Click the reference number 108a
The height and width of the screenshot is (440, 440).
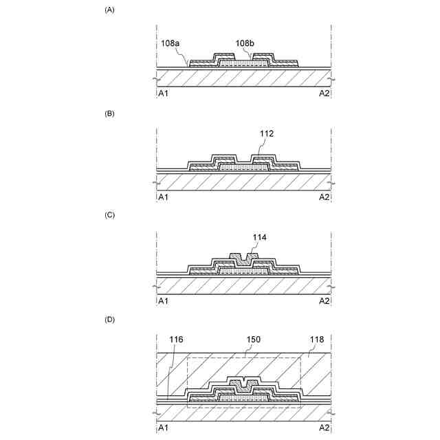click(x=170, y=43)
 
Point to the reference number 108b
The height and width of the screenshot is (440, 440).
click(x=245, y=43)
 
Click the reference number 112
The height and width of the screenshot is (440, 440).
click(x=267, y=135)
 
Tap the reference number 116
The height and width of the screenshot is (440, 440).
click(x=176, y=340)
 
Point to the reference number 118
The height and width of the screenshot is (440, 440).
click(x=318, y=340)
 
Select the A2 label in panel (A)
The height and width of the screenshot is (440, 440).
click(x=324, y=93)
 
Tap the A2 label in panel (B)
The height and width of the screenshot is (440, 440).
click(x=324, y=197)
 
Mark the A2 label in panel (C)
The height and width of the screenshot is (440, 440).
click(x=324, y=300)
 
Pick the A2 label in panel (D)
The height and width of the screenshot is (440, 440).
click(x=324, y=427)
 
